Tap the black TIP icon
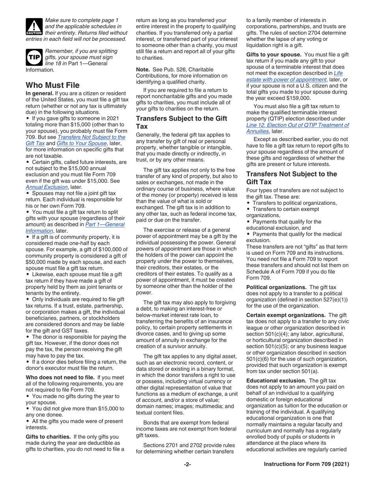35,58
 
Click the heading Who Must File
52,85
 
